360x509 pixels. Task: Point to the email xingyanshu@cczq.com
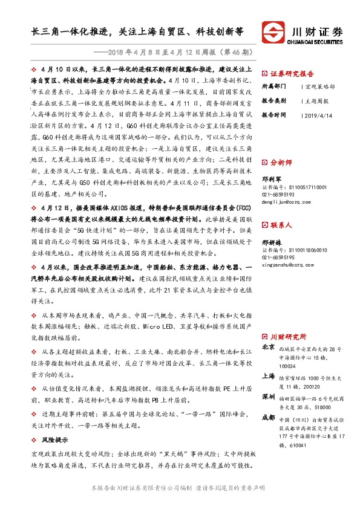[289, 264]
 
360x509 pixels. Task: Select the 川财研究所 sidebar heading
[287, 336]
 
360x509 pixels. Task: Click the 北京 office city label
[269, 348]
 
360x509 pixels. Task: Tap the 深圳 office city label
[269, 397]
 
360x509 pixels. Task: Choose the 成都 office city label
[269, 417]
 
